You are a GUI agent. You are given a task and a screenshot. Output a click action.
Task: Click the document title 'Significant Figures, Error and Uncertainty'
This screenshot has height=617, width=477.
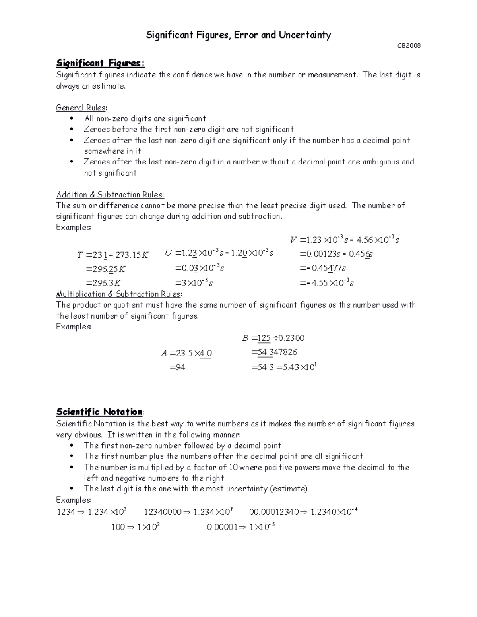(238, 35)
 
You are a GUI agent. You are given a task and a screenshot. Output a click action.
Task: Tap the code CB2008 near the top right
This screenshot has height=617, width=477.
(409, 46)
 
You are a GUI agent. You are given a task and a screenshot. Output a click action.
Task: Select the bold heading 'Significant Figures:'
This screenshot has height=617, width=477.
(101, 63)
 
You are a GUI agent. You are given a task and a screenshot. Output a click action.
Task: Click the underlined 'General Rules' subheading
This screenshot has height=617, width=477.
(81, 108)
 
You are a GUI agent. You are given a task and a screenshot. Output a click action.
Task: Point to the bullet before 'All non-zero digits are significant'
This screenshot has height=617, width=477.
(72, 118)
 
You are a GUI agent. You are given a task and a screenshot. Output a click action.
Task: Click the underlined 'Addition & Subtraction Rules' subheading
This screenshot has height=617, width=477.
(110, 195)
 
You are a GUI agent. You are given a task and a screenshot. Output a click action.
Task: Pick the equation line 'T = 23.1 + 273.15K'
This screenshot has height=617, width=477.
(112, 255)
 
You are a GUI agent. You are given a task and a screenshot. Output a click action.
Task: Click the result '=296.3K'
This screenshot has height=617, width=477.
(103, 283)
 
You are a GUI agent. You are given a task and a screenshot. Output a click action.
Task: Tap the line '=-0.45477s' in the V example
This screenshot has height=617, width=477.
(322, 268)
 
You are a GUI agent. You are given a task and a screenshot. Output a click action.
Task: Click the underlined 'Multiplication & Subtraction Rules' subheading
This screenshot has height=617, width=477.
(119, 294)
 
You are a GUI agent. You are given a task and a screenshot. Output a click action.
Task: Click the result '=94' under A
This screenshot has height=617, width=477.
(177, 367)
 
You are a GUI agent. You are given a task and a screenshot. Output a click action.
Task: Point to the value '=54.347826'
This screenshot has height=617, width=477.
(274, 352)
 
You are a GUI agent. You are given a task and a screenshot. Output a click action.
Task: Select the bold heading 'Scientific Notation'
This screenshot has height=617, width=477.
(99, 412)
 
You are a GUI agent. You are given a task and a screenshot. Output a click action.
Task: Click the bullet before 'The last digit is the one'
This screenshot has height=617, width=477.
(72, 489)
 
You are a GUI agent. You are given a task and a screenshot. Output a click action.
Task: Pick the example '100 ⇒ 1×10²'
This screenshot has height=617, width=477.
(136, 527)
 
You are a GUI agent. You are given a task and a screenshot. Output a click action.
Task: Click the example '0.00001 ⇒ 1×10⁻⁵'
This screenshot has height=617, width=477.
(241, 527)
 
